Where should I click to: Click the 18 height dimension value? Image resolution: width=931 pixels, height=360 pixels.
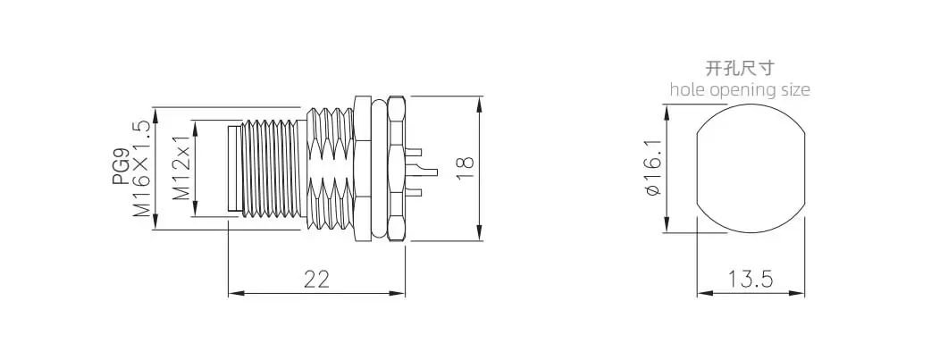point(464,168)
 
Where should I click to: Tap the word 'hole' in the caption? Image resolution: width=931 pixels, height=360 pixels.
point(686,89)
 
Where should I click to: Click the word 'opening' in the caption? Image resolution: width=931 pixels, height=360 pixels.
point(741,90)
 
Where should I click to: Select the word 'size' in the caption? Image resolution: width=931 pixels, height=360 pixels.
point(794,89)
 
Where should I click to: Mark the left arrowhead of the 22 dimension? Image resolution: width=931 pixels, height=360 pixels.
point(233,292)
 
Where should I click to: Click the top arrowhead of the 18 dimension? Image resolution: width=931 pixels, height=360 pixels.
point(481,98)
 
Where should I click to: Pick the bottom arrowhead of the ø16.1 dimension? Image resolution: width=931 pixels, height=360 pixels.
point(666,229)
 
